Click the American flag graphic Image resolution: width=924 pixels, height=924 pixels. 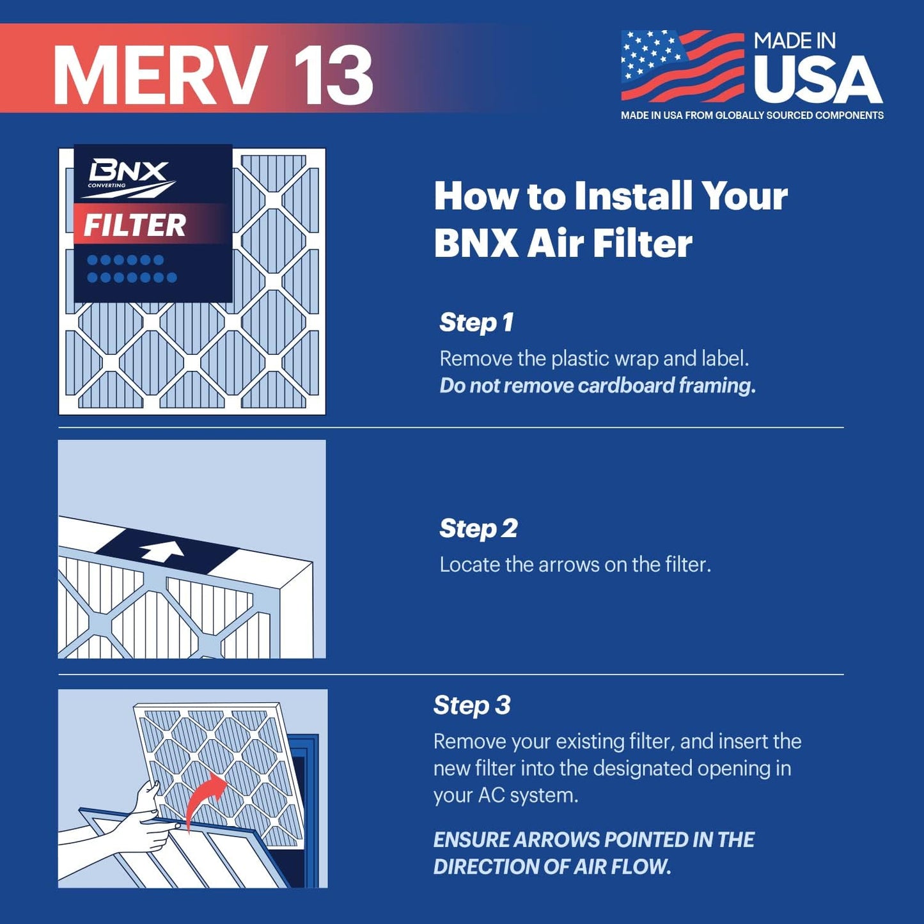682,66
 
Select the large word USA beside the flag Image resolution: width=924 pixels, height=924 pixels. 817,80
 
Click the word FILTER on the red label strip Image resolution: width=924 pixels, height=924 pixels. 135,225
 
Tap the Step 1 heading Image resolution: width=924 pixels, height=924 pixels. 476,322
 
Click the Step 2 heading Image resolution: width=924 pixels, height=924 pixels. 478,528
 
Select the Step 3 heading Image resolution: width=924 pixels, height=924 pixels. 471,705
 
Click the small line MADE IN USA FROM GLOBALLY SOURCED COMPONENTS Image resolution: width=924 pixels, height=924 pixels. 752,115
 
